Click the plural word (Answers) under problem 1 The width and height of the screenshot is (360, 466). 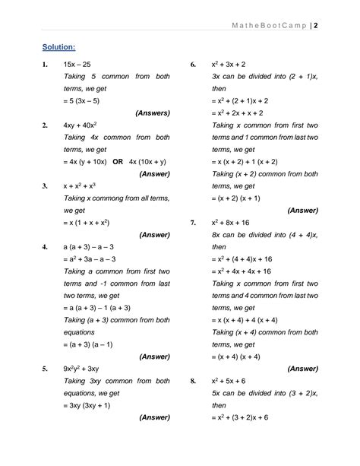(153, 113)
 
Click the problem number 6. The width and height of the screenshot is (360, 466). (194, 65)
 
